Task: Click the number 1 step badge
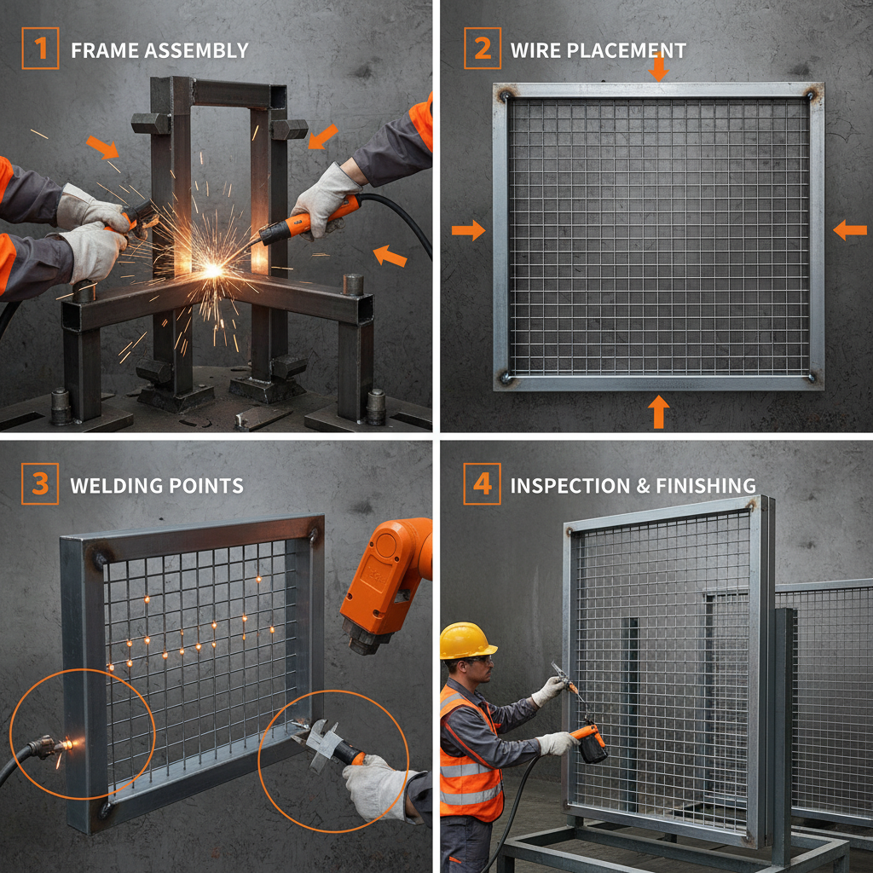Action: pyautogui.click(x=40, y=49)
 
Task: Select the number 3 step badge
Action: pyautogui.click(x=40, y=484)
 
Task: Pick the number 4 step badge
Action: pyautogui.click(x=482, y=484)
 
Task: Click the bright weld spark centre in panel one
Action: pyautogui.click(x=211, y=269)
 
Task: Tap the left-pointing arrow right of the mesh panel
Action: pyautogui.click(x=849, y=228)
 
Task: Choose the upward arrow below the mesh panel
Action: pyautogui.click(x=658, y=412)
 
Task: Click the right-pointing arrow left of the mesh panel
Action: pyautogui.click(x=468, y=228)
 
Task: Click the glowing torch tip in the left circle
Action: pyautogui.click(x=68, y=745)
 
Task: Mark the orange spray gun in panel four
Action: pyautogui.click(x=591, y=743)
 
